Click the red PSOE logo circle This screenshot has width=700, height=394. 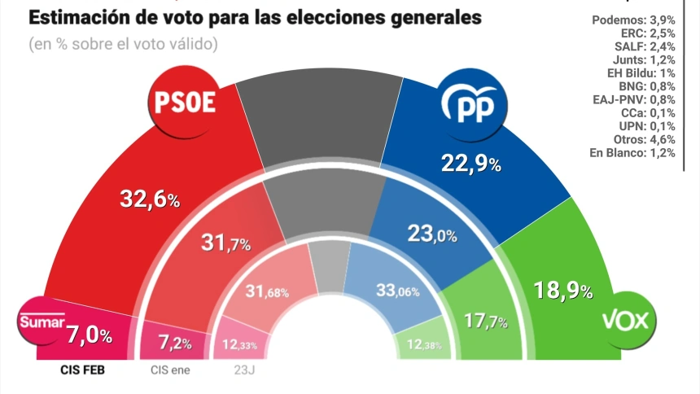[x=186, y=102]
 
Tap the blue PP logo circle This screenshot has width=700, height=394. [x=474, y=103]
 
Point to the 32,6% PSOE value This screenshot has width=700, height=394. [x=150, y=197]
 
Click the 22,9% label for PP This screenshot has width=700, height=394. [x=470, y=164]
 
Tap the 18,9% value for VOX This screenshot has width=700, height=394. [x=563, y=290]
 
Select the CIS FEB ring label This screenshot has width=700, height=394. [x=83, y=369]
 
